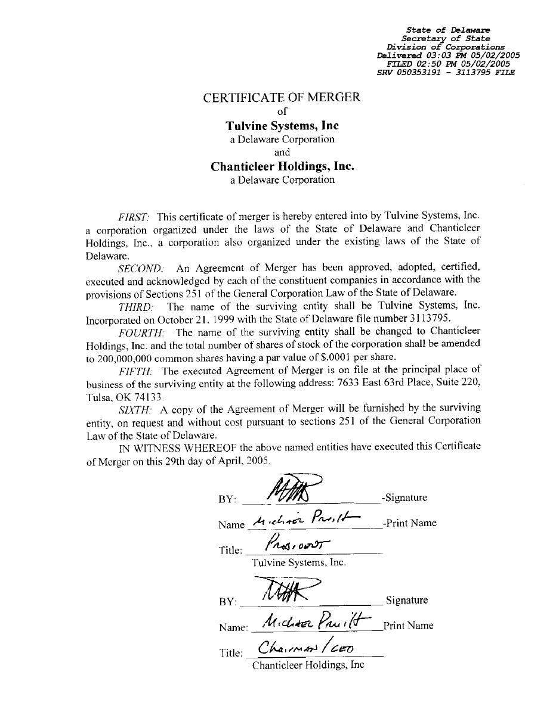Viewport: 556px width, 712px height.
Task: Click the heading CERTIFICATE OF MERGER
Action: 282,97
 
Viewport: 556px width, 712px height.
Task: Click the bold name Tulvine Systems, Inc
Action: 282,126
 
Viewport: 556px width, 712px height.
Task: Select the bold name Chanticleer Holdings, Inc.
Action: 282,166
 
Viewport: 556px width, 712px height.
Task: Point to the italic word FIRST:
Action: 134,216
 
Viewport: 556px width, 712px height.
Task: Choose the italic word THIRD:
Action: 136,307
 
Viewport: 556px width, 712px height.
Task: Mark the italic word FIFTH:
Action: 135,371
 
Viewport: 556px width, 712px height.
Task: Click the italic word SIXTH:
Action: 135,409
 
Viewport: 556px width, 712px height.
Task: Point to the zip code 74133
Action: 147,397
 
